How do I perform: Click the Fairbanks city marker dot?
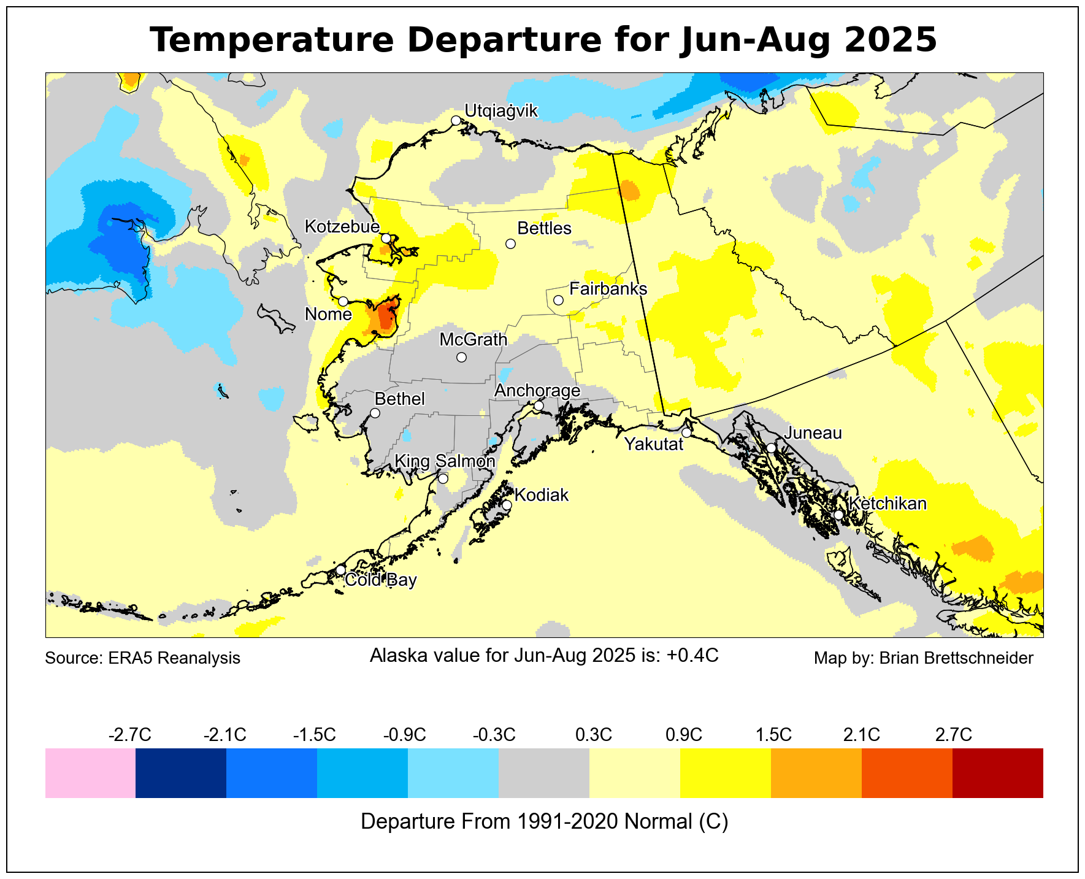558,300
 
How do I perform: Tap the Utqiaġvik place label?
500,111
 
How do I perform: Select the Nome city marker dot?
343,301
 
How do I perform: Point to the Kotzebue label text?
342,227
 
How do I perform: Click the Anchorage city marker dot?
539,405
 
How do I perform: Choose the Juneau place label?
813,433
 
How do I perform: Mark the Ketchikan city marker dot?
838,515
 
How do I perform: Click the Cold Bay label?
381,580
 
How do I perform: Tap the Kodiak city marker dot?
507,505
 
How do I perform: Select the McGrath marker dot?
461,357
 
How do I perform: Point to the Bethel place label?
399,399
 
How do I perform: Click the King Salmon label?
444,461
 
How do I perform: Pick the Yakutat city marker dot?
686,432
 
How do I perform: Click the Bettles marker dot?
510,244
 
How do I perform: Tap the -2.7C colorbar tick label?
129,734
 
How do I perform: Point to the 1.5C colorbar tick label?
773,734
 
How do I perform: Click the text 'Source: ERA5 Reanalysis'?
143,658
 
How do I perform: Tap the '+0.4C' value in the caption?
692,656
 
